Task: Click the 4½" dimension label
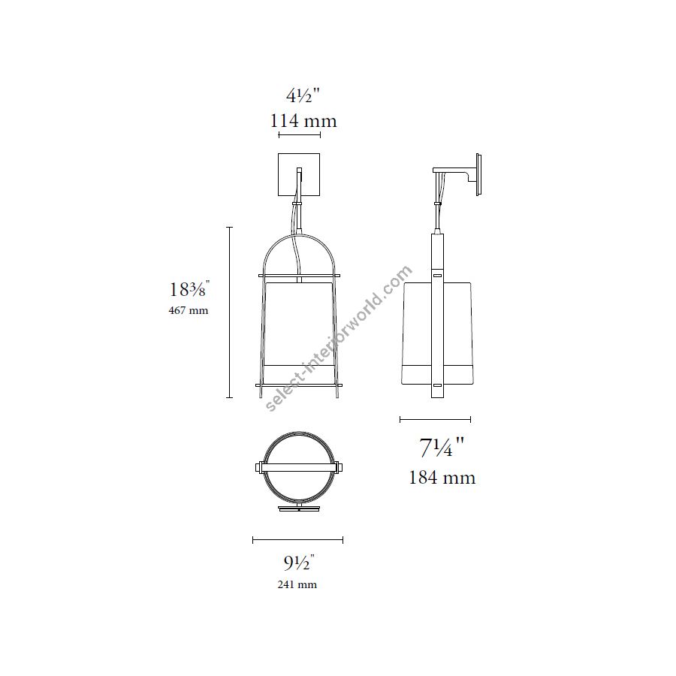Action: pos(303,95)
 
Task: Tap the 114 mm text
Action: pos(303,121)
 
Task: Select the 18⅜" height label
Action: pos(189,288)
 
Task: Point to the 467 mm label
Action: pos(189,310)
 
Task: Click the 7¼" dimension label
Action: pos(442,447)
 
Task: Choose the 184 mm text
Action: pos(442,478)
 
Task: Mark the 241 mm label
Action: pos(297,585)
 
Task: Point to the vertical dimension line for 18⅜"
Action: pos(230,312)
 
